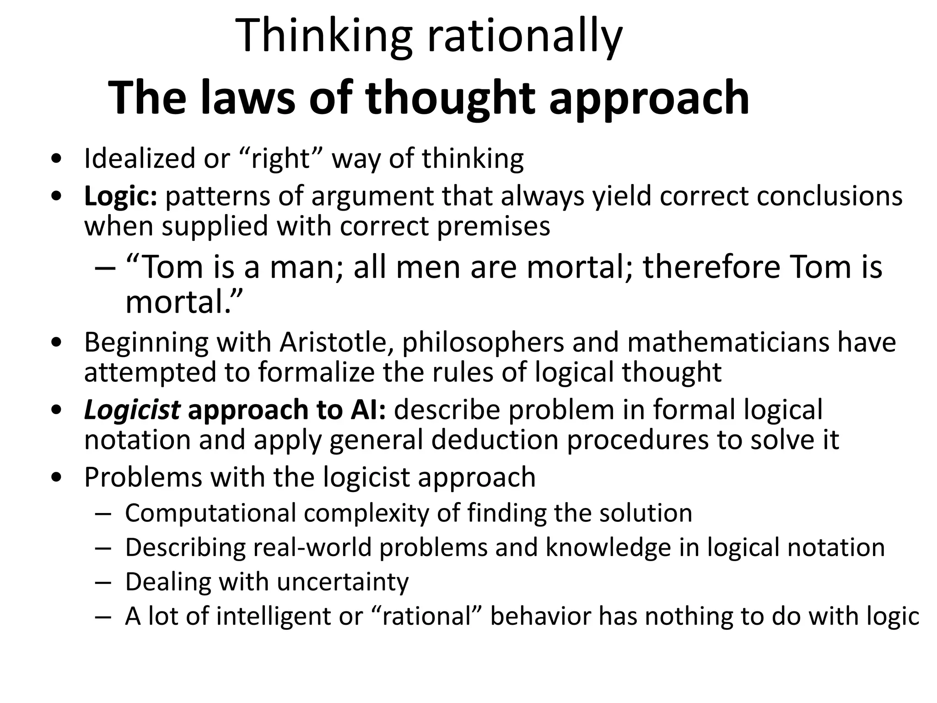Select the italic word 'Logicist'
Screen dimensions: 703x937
[132, 410]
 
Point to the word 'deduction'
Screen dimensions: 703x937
[495, 440]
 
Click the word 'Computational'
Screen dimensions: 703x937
[210, 513]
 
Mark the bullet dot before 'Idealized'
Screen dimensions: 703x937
[57, 160]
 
